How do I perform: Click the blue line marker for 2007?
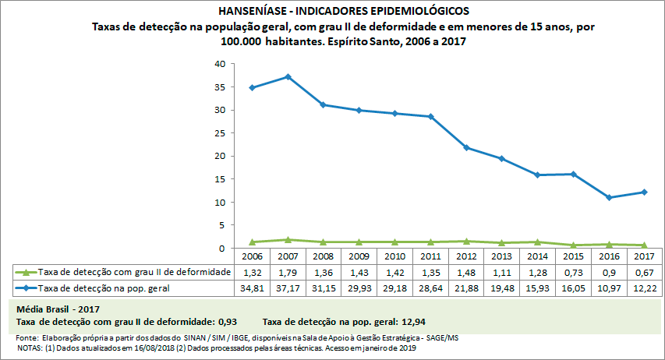pos(288,76)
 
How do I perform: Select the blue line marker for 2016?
pos(609,197)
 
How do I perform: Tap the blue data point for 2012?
pos(466,147)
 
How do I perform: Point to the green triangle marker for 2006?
pos(252,242)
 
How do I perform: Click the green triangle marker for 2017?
pos(645,245)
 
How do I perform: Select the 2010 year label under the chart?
pos(394,256)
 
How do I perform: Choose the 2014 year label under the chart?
pos(537,256)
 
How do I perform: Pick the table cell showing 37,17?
pos(288,288)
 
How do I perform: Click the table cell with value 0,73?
pos(573,272)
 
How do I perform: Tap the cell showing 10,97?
pos(609,288)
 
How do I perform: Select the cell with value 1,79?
pos(288,272)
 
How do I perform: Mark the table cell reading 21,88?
pos(466,288)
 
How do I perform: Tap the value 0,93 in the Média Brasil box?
pos(225,321)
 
